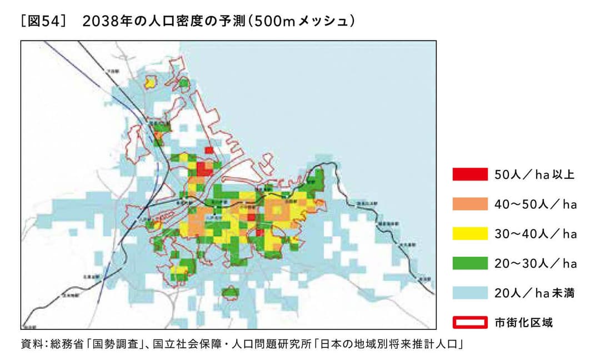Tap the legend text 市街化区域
click(x=524, y=322)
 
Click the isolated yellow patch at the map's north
click(x=149, y=83)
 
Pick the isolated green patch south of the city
click(x=230, y=292)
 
